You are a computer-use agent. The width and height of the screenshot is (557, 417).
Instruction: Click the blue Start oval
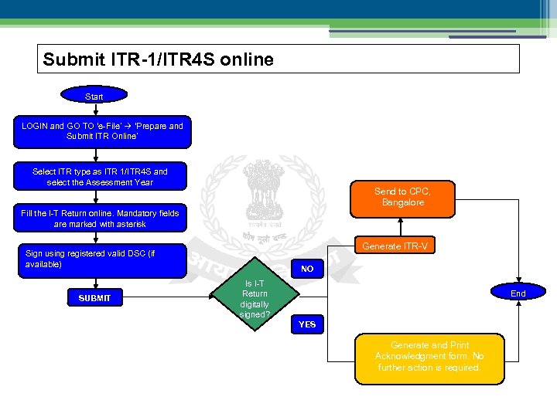point(94,97)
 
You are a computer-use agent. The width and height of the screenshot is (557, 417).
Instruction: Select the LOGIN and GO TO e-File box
point(101,131)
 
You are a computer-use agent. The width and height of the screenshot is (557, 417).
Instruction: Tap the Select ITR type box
point(101,177)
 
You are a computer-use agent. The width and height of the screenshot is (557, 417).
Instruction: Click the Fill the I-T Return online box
point(101,219)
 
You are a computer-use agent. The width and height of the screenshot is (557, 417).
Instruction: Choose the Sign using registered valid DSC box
point(101,260)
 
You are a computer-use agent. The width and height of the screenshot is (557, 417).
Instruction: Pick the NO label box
point(307,270)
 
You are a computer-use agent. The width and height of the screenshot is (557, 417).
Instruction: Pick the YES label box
point(307,324)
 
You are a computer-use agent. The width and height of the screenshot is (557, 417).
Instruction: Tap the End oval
point(518,293)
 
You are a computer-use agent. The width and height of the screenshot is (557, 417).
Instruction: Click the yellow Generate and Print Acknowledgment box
point(429,357)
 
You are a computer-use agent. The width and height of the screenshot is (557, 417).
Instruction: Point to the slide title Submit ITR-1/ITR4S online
point(159,59)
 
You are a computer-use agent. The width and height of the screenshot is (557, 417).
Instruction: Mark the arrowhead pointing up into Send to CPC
point(400,221)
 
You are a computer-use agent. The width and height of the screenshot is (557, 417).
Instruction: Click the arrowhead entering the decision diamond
point(214,296)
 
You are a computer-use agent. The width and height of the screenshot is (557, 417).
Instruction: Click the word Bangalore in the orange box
point(403,202)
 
